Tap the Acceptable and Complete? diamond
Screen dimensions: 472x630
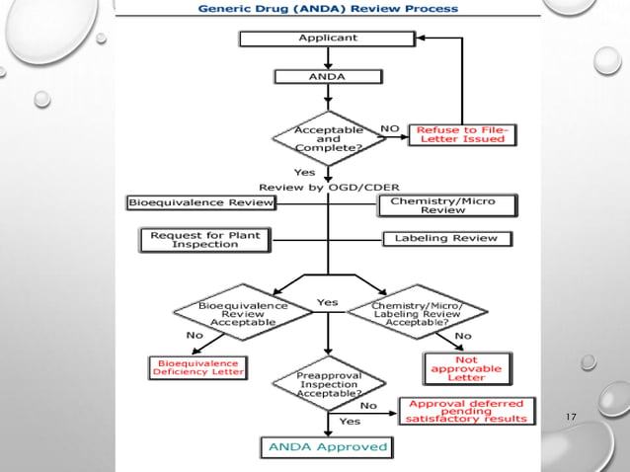[x=328, y=139]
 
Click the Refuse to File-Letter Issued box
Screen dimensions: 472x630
[x=462, y=133]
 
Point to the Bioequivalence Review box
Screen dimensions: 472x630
[x=200, y=202]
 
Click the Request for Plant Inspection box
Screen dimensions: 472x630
[x=203, y=239]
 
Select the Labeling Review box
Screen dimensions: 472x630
[x=446, y=238]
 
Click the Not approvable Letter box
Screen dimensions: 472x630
[x=466, y=368]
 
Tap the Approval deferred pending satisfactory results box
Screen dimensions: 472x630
[x=467, y=411]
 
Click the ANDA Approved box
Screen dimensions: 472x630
[x=326, y=447]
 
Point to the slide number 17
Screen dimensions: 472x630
[x=571, y=417]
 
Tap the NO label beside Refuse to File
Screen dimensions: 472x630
[x=390, y=128]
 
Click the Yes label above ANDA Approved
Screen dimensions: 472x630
[x=350, y=421]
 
